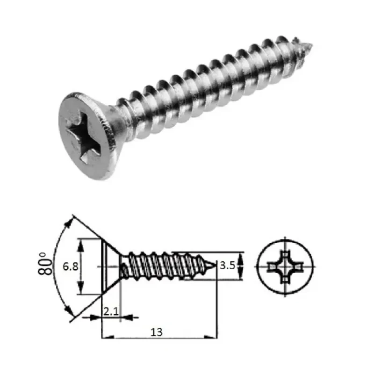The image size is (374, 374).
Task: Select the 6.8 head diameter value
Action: (x=70, y=267)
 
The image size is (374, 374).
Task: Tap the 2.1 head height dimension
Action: (x=111, y=311)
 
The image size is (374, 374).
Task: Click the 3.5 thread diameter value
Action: (x=227, y=267)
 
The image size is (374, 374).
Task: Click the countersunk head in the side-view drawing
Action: (x=110, y=266)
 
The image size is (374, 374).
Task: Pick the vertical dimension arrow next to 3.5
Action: (x=241, y=266)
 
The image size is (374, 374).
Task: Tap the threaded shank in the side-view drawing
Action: (x=164, y=266)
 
